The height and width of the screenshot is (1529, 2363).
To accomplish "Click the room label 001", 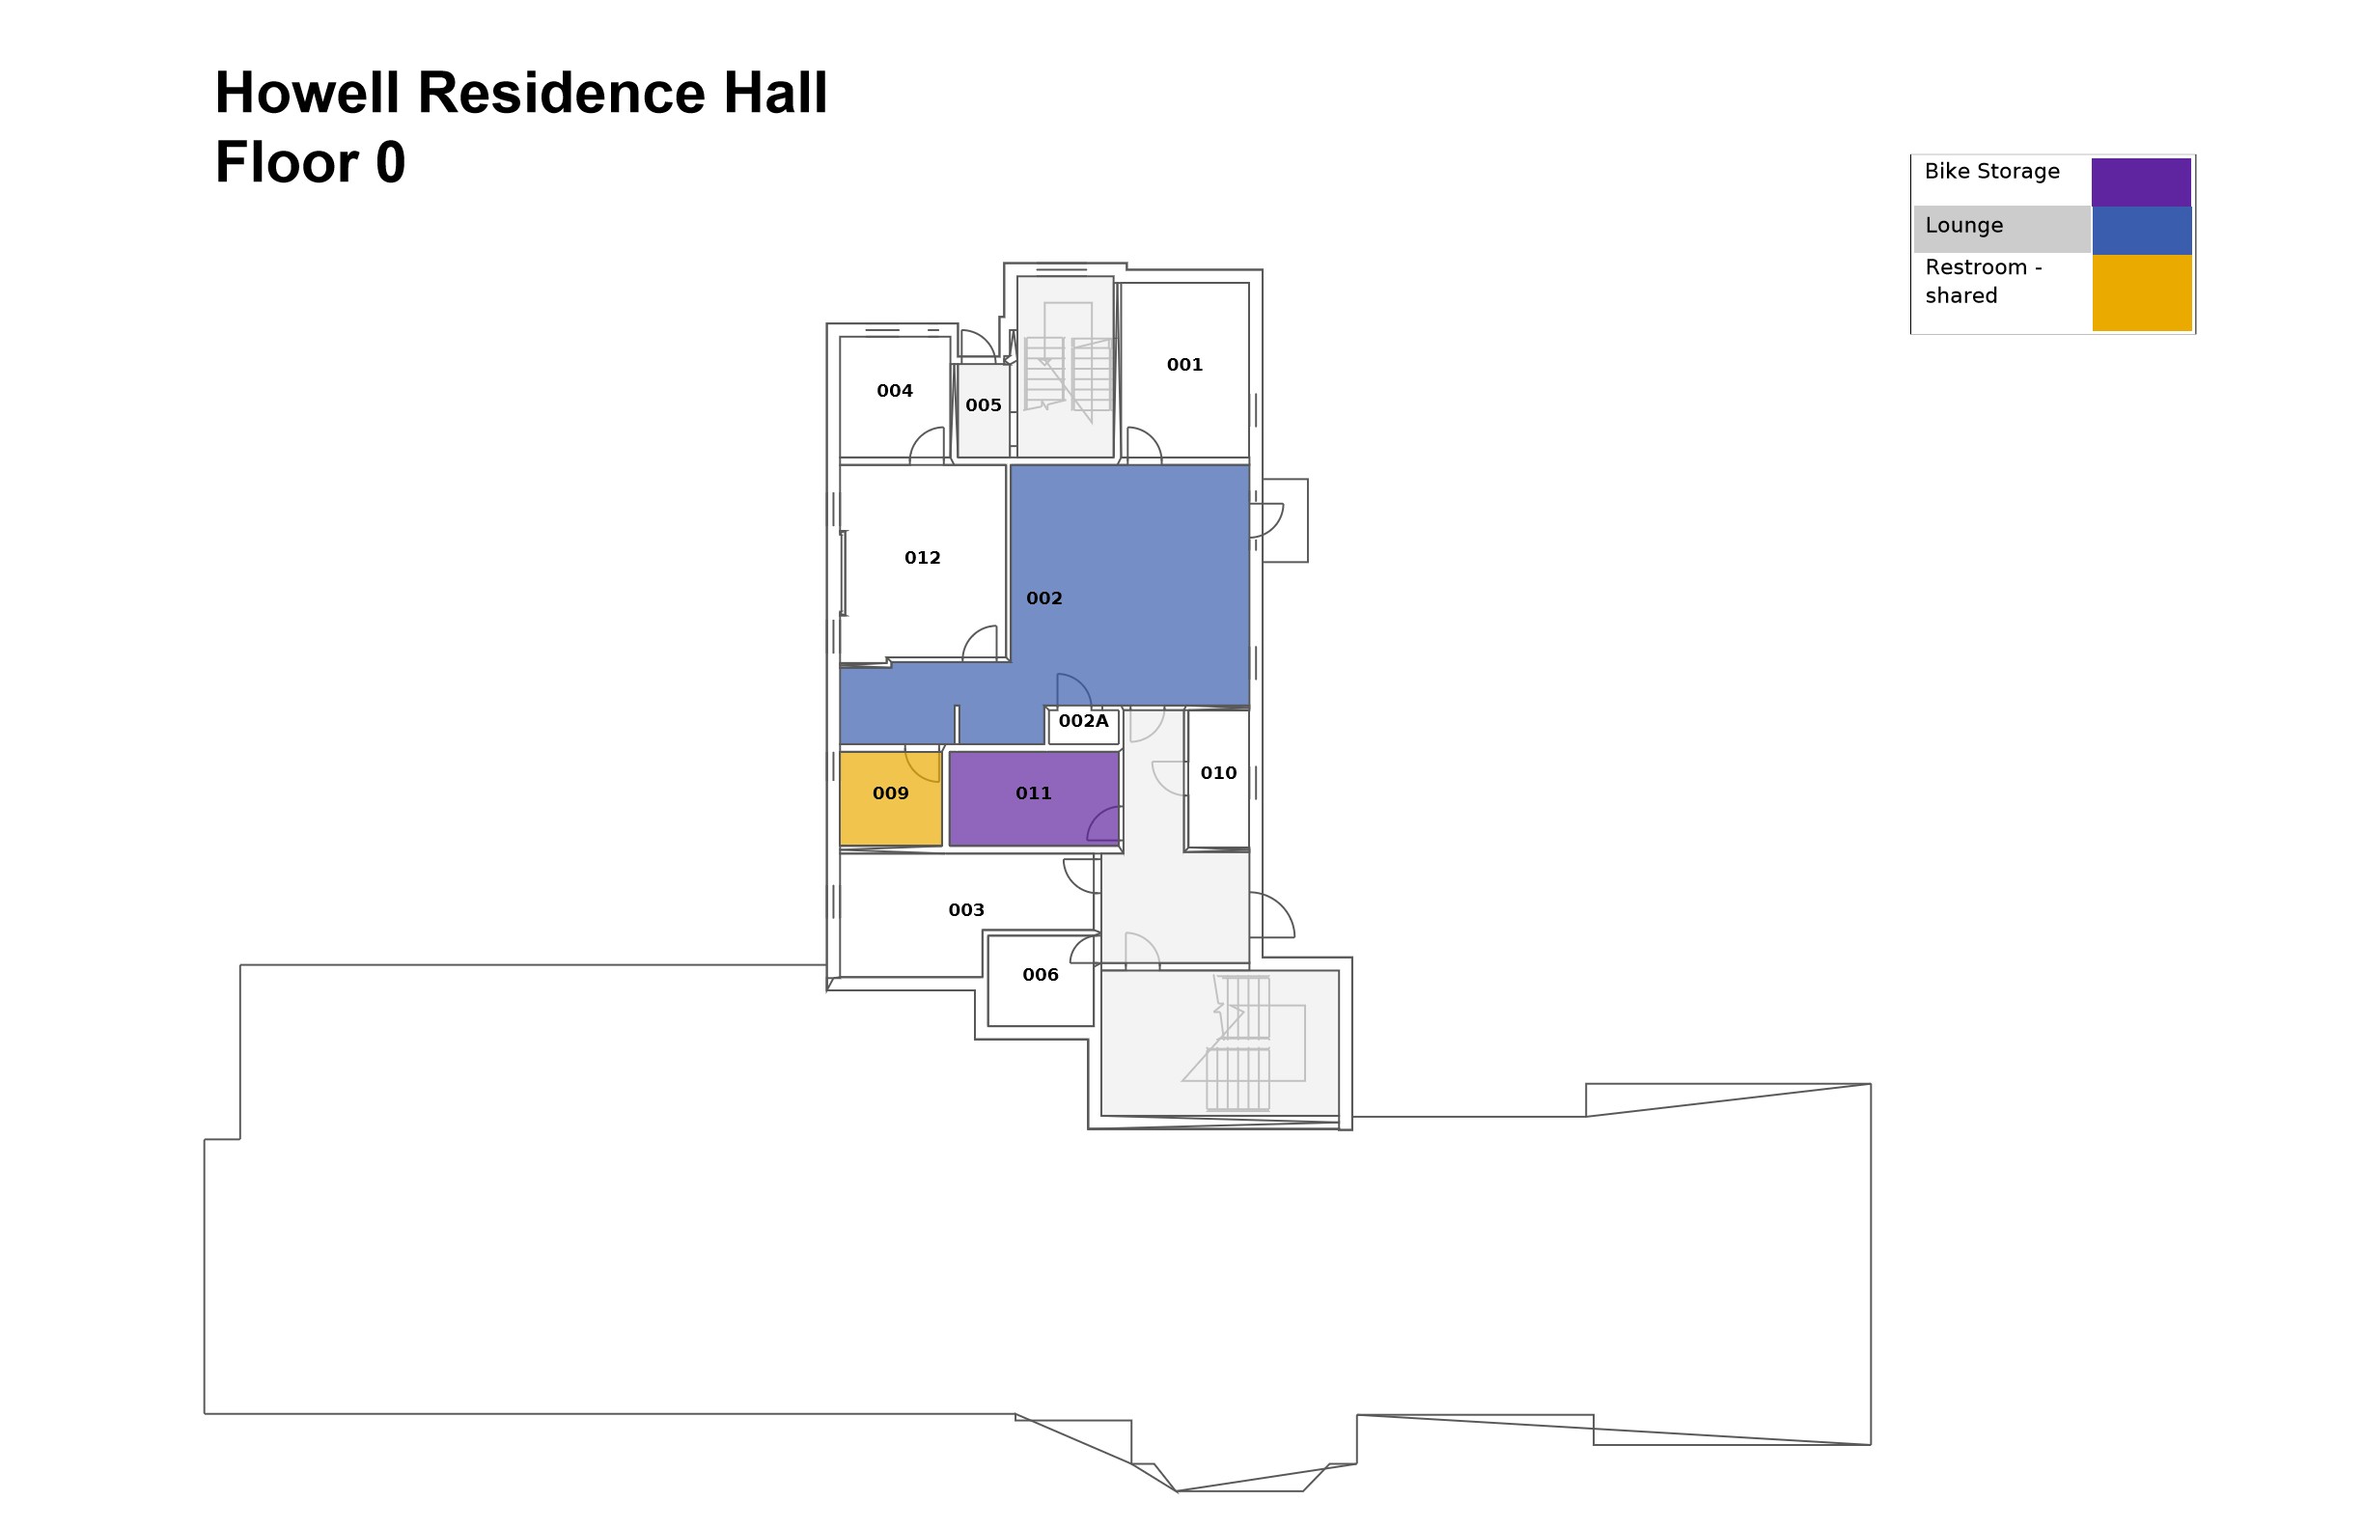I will (1184, 364).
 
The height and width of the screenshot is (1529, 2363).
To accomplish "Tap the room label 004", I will (895, 391).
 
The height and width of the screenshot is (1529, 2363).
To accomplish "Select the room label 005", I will (983, 405).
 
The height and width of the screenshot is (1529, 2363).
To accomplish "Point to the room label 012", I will (923, 558).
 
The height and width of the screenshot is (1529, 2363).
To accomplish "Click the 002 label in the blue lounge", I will (1043, 598).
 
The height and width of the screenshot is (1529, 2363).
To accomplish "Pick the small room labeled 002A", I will (1083, 722).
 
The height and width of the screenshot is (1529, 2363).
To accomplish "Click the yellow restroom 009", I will (891, 793).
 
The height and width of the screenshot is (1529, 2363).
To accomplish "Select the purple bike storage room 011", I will (1034, 793).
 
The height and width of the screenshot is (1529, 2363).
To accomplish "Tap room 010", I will (1218, 773).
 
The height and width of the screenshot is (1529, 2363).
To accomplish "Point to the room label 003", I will (966, 910).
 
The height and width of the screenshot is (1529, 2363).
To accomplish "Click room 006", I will (1041, 975).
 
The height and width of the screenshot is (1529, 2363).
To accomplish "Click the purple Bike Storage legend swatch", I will (2141, 181).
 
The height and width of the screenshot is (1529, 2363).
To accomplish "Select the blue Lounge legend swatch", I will (2141, 231).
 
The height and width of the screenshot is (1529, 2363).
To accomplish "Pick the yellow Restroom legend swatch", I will (2141, 292).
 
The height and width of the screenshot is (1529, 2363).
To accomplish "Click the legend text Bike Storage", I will (1991, 172).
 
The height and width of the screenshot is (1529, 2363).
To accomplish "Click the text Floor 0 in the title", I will (310, 163).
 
